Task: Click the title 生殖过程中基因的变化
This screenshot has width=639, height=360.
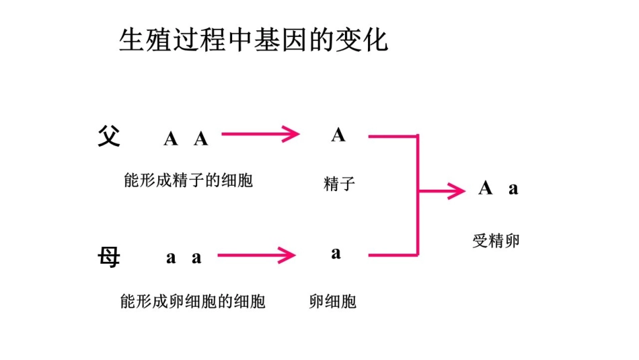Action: point(254,40)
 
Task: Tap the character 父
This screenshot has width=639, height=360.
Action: point(108,137)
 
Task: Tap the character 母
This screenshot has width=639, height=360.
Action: point(108,256)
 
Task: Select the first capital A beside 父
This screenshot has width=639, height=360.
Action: point(171,139)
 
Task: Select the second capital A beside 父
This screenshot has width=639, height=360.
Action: point(201,139)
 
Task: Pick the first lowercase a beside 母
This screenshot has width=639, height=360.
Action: point(171,258)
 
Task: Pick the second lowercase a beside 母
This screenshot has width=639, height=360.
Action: point(196,258)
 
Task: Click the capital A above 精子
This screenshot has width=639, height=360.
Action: point(338,135)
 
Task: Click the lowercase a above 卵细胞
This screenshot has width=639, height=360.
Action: point(336,254)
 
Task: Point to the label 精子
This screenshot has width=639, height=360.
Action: point(338,183)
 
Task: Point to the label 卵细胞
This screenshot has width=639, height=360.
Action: point(332,301)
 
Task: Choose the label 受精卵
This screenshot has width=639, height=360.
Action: point(496,241)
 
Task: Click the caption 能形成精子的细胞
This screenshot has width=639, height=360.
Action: point(188,180)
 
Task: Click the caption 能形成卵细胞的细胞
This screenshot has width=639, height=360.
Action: point(192,301)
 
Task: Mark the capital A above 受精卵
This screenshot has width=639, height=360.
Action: point(486,188)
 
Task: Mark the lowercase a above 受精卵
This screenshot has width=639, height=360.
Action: point(513,189)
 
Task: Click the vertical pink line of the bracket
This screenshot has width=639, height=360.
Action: point(418,195)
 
